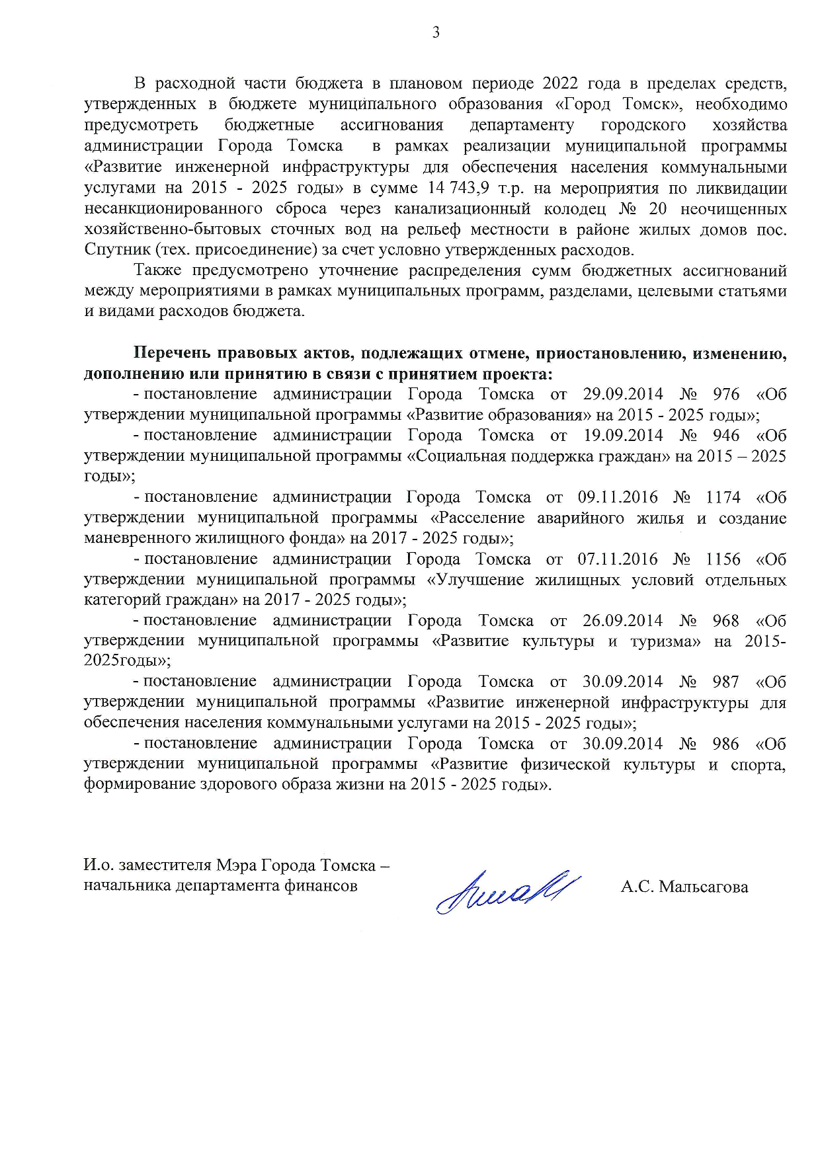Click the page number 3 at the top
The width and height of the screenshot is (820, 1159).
click(436, 32)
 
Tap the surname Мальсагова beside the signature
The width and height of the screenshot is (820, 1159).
click(704, 887)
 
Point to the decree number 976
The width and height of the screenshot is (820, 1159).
click(726, 394)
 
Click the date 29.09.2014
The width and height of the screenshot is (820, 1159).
click(623, 394)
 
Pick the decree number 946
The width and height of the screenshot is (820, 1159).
click(726, 435)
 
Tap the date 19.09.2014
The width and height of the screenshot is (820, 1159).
click(623, 435)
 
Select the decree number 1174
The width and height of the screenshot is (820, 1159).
click(723, 497)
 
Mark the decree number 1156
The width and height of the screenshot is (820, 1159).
click(723, 559)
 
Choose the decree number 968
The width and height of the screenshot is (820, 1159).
click(725, 620)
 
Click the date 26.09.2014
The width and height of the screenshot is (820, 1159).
click(622, 620)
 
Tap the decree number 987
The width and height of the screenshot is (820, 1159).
click(725, 682)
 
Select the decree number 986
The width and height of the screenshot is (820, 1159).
click(725, 743)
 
